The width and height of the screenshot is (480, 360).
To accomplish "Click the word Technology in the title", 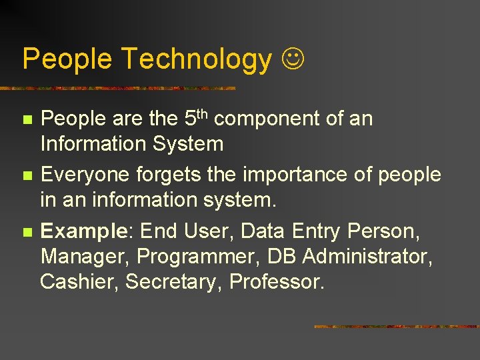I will point(196,59).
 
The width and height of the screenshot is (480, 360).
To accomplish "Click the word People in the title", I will point(67,59).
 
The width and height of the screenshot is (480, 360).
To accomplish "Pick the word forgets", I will point(165,175).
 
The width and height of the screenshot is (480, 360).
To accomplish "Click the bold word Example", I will point(83,231).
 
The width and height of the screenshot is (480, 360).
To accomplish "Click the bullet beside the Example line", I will point(27,232).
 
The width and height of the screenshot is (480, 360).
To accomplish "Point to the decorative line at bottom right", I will point(396,327).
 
